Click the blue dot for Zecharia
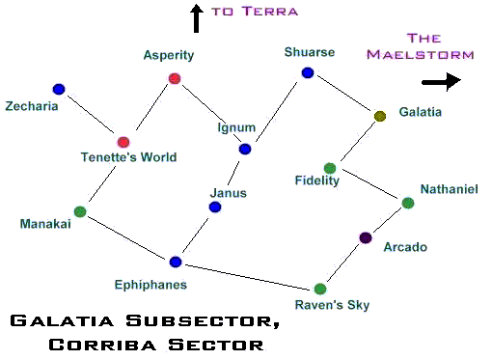click(59, 89)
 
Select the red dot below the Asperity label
click(175, 78)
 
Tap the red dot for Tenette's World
click(123, 142)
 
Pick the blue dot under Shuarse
click(308, 73)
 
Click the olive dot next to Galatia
click(380, 116)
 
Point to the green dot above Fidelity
click(330, 168)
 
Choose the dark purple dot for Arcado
click(366, 238)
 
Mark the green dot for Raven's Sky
click(320, 289)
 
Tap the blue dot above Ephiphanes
click(176, 262)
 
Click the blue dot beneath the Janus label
click(215, 207)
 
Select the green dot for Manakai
click(80, 211)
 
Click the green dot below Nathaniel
click(408, 203)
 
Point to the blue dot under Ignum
click(245, 149)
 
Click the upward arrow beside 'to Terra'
click(197, 18)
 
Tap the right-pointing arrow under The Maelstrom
click(442, 82)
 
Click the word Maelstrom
click(421, 54)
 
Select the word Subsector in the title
click(203, 320)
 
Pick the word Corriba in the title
click(102, 345)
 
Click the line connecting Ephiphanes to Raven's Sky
click(249, 276)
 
